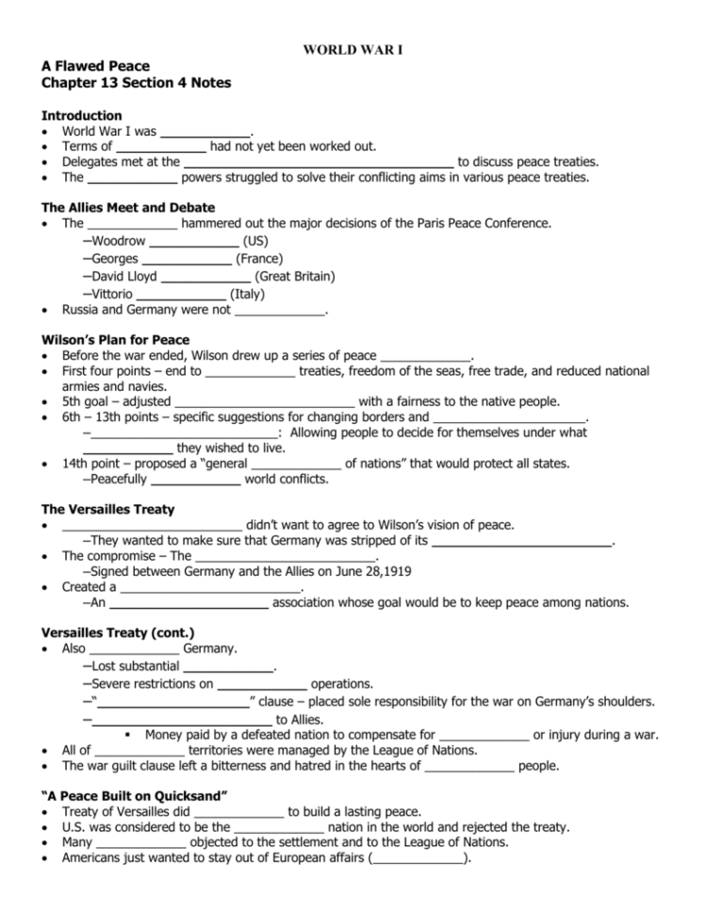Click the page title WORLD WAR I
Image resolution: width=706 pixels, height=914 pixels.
(x=353, y=48)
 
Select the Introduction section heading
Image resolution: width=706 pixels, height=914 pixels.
(x=82, y=115)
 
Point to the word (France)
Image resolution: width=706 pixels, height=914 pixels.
(x=259, y=259)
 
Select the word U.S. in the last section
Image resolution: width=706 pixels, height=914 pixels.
(x=74, y=827)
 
